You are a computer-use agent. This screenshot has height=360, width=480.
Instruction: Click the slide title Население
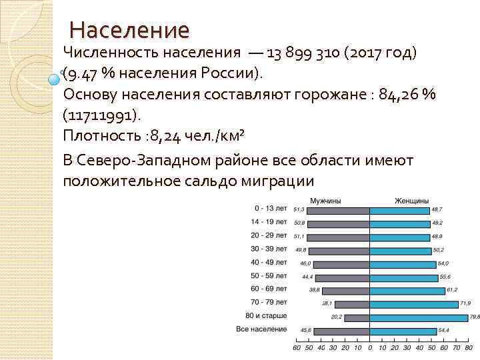129,30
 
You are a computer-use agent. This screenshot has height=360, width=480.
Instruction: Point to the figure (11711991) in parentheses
102,115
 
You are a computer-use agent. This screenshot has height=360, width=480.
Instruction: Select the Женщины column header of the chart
411,201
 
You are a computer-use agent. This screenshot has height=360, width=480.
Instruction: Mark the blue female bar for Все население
402,331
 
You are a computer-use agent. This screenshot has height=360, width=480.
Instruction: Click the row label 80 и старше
265,315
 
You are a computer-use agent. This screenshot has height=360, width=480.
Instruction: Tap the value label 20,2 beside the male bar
337,317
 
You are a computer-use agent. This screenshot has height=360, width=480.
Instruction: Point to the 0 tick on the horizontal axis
369,347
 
